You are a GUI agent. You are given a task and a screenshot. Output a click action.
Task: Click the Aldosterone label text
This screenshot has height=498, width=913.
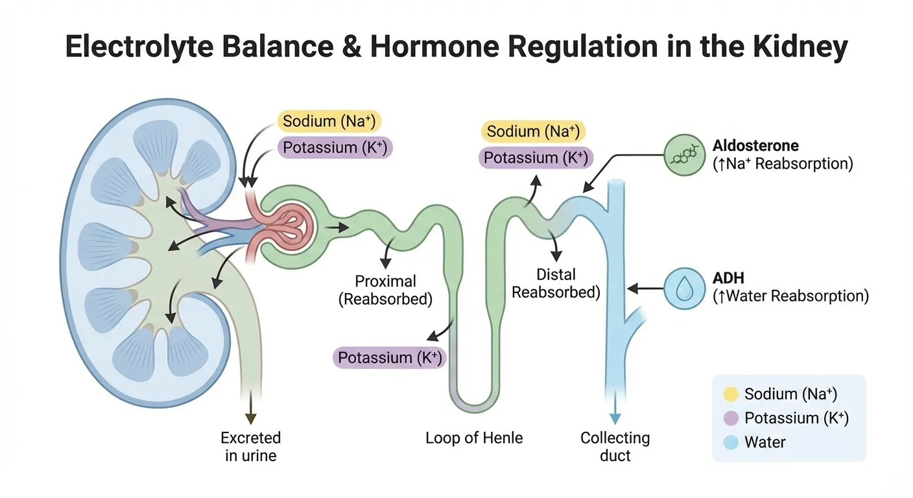755,145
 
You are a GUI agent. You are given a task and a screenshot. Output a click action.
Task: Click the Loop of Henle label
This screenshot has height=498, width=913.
474,438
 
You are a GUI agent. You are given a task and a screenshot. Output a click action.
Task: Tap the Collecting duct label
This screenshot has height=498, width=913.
615,446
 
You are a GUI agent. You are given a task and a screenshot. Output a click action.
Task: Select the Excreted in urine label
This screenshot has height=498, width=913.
251,446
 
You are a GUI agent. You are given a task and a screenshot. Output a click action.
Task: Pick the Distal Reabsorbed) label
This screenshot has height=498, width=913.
556,283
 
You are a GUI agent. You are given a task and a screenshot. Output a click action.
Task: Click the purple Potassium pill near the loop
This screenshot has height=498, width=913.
390,357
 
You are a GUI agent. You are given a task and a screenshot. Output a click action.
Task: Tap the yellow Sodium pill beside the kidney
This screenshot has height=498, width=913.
329,121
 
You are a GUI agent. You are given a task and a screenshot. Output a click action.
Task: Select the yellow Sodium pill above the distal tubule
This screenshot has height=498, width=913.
533,132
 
